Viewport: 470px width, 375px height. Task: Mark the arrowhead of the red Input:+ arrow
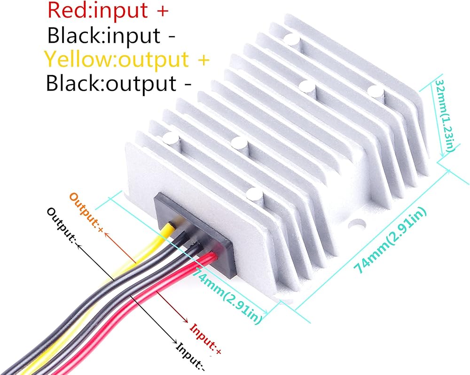pos(187,320)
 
